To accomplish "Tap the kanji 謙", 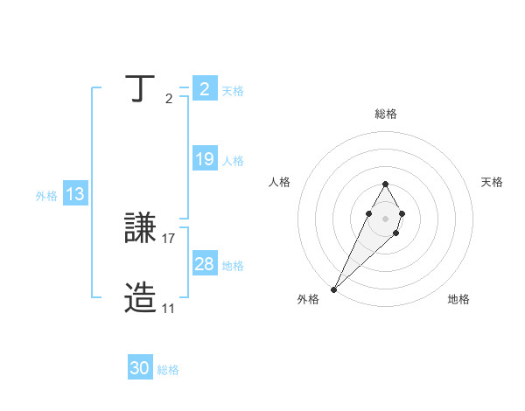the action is click(142, 229).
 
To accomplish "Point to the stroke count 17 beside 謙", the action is click(169, 238).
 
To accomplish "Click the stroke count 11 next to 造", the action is click(168, 308).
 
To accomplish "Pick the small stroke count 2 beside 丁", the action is click(169, 98).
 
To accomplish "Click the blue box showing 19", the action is click(204, 159).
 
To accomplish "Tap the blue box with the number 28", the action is click(204, 264).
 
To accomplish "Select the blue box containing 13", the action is click(74, 194).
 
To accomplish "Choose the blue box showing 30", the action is click(140, 368).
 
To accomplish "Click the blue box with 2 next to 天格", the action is click(204, 89).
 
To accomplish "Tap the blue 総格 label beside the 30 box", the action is click(168, 370).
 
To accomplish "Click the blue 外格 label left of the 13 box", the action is click(46, 196).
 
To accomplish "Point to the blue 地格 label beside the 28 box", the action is click(233, 266).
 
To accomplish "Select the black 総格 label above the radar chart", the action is click(385, 114).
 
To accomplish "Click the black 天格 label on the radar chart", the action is click(492, 182).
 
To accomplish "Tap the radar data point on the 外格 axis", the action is click(334, 289).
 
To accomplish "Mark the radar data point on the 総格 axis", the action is click(385, 184).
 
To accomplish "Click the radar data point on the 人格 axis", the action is click(368, 213).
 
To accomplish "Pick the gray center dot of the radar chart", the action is click(385, 218).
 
